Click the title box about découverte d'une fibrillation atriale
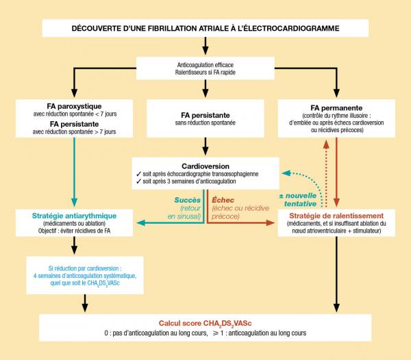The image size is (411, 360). click(x=206, y=29)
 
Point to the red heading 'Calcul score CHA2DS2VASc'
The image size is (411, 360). click(x=206, y=322)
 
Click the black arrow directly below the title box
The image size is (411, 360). click(x=206, y=46)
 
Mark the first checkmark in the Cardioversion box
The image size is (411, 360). click(x=139, y=174)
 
